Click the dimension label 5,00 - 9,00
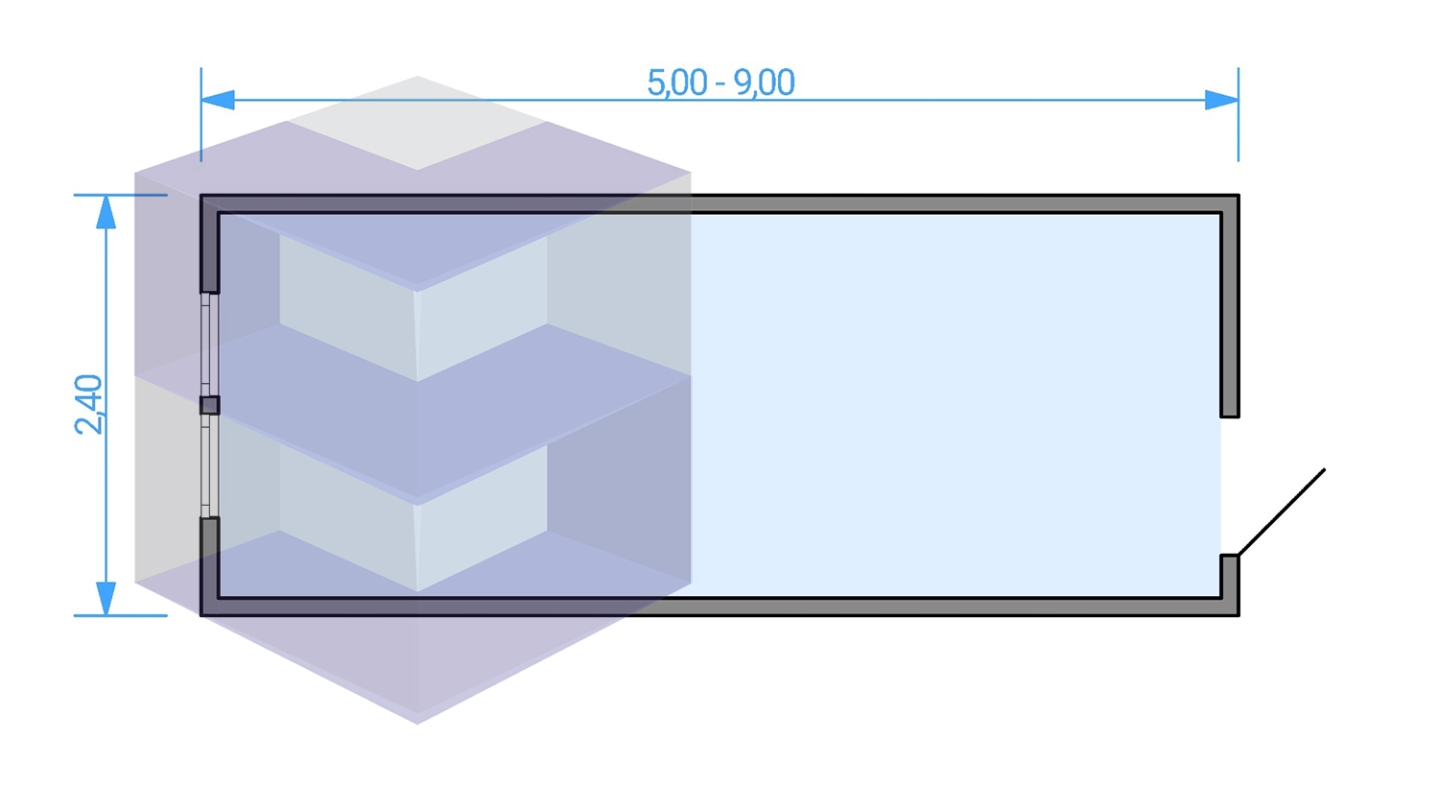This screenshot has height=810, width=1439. (x=720, y=83)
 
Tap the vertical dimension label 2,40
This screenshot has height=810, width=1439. (x=88, y=404)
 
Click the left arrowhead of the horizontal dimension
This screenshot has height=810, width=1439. (x=218, y=100)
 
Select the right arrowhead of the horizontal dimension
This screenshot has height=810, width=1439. (x=1222, y=100)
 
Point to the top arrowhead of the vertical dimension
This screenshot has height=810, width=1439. (x=106, y=211)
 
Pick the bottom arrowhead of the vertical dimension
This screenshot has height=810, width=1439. (x=106, y=599)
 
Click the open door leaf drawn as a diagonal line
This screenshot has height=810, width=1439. (x=1282, y=512)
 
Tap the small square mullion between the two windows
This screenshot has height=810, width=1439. (x=209, y=405)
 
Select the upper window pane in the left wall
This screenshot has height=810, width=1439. (x=209, y=345)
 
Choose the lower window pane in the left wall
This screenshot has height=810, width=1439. (x=209, y=466)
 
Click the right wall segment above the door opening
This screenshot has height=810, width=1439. (x=1230, y=306)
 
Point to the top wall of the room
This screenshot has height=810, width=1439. (x=719, y=203)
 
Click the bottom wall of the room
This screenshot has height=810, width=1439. (x=719, y=607)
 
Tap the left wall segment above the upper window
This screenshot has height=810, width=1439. (x=209, y=245)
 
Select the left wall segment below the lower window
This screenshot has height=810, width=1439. (x=209, y=565)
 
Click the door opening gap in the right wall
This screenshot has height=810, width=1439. (x=1230, y=486)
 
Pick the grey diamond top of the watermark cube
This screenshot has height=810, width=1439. (x=417, y=123)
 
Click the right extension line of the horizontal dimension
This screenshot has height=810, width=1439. (x=1238, y=114)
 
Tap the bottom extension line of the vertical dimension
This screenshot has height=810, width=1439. (x=121, y=616)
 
